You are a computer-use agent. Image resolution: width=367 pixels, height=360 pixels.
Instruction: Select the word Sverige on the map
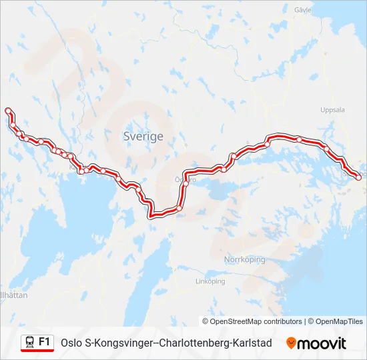(x=143, y=136)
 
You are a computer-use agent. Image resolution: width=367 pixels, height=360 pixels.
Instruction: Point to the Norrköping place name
(x=245, y=259)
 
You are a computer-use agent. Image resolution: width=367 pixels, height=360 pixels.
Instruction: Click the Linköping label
(x=210, y=281)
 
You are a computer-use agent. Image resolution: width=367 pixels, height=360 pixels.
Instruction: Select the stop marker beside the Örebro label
(x=186, y=183)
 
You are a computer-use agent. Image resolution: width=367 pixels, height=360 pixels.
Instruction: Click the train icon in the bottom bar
(x=30, y=342)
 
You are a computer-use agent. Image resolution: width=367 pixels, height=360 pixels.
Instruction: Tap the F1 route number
(x=45, y=341)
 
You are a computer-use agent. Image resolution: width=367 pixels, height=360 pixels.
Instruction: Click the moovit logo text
(x=322, y=343)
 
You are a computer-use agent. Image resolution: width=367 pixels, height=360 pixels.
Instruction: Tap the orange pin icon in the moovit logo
(x=291, y=343)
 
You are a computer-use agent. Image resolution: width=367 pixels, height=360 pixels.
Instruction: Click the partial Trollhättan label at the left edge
(x=14, y=295)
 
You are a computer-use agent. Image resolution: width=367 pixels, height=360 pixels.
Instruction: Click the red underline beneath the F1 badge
(x=37, y=351)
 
